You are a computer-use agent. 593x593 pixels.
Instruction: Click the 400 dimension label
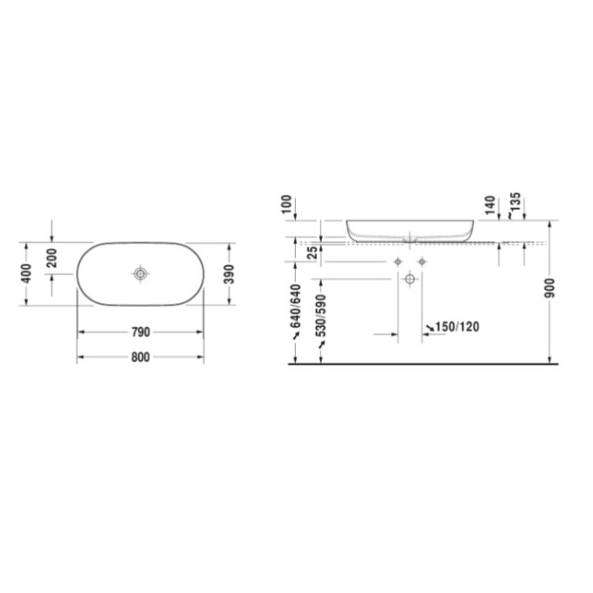click(26, 273)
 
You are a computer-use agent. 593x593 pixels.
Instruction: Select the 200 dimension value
click(52, 257)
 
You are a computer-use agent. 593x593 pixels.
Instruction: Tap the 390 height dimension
click(229, 273)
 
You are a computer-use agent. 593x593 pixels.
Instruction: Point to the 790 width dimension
click(140, 333)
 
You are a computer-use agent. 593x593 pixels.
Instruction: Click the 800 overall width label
click(140, 357)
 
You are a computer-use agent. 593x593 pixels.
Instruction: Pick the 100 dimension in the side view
click(287, 204)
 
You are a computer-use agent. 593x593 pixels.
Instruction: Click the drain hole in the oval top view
click(141, 273)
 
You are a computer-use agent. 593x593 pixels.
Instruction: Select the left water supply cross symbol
click(399, 261)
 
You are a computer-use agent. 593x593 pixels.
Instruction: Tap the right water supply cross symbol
click(422, 261)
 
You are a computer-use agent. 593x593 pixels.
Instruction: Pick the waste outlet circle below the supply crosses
click(409, 280)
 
